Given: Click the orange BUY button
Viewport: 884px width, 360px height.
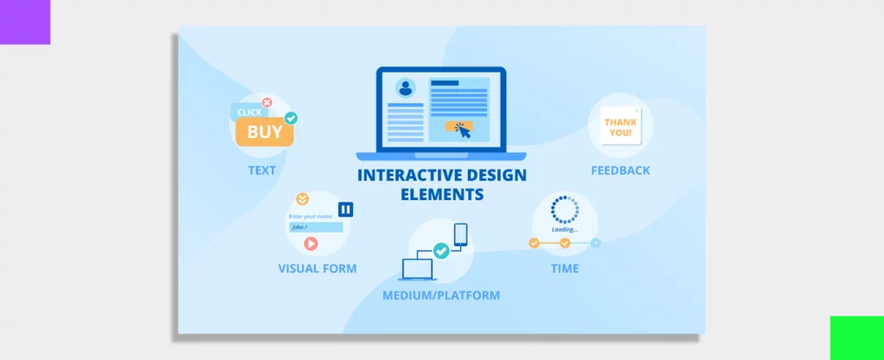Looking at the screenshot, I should (x=265, y=132).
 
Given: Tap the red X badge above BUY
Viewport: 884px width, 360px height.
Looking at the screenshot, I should (x=267, y=103).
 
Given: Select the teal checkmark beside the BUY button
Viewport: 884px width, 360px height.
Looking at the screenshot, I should (x=292, y=117).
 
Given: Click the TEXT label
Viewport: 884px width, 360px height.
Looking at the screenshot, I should (x=262, y=170).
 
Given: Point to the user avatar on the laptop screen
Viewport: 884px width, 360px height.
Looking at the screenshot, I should (x=404, y=87).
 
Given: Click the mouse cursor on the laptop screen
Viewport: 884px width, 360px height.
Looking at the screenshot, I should (x=464, y=131).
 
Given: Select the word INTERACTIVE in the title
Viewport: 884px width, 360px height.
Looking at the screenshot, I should (x=407, y=176).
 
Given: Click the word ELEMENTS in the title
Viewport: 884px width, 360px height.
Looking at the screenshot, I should (x=442, y=195).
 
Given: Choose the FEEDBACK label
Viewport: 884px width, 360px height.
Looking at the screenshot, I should (x=620, y=170).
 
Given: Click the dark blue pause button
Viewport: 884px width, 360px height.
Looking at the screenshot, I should (x=345, y=209).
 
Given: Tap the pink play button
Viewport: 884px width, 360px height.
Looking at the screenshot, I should (x=311, y=243).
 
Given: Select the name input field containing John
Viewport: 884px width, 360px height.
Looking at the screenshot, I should (x=316, y=227).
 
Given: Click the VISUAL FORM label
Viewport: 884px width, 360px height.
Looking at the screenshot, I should (x=317, y=268).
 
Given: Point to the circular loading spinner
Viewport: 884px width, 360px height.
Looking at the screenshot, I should (x=565, y=210).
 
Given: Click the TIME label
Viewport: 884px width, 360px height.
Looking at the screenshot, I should (x=565, y=268).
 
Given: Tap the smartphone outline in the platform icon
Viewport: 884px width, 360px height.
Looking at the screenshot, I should (x=460, y=234).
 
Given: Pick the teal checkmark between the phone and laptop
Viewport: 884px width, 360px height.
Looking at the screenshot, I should (x=441, y=250).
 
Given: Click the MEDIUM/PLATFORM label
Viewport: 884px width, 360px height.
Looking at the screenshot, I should (x=441, y=295).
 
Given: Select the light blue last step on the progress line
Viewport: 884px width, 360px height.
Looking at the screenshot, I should (x=596, y=243).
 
